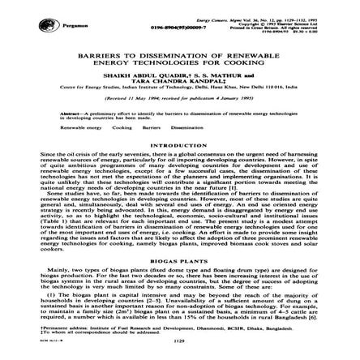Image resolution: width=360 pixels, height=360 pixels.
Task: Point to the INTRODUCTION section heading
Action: coord(180,147)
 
